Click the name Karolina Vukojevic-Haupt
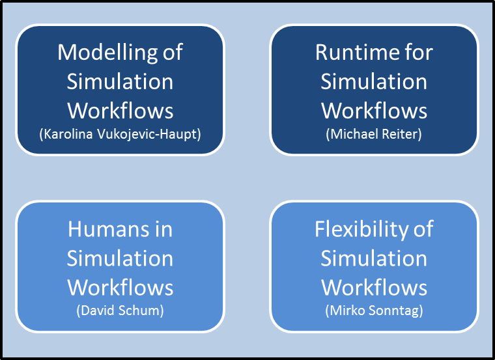point(120,134)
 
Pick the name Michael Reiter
point(374,134)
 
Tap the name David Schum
point(120,311)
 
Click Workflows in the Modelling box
point(120,111)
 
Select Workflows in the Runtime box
point(374,111)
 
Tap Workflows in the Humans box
point(120,287)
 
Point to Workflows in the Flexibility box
point(374,287)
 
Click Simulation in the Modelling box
point(120,81)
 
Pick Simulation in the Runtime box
point(374,81)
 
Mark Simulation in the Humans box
point(120,258)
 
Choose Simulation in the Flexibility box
point(374,258)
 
